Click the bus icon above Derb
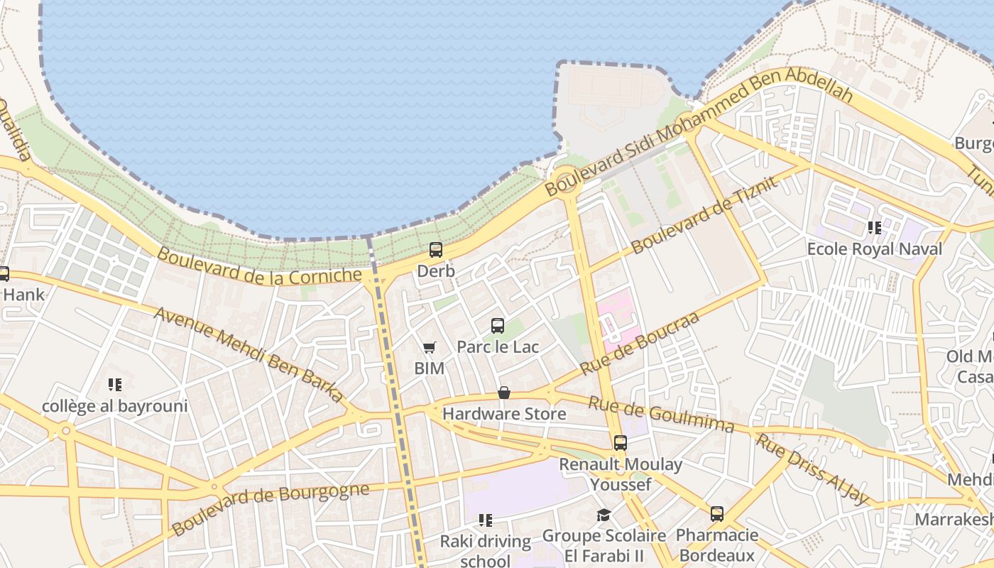tap(436, 250)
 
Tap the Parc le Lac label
tap(498, 347)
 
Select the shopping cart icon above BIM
tap(429, 347)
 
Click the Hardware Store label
tap(504, 413)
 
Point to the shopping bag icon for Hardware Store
tap(504, 393)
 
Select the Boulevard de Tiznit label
tap(705, 215)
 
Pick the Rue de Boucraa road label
tap(640, 344)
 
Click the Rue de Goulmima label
tap(660, 414)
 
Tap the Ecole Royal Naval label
tap(875, 249)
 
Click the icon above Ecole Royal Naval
tap(875, 228)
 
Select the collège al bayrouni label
tap(115, 406)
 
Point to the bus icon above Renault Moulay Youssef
tap(621, 443)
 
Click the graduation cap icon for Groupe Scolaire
tap(603, 515)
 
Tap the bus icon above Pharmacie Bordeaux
tap(717, 514)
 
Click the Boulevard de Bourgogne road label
tap(271, 508)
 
